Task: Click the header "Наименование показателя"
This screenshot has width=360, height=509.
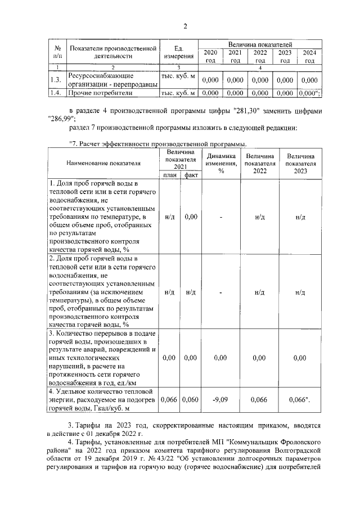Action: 103,163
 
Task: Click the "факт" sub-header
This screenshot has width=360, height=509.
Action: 191,175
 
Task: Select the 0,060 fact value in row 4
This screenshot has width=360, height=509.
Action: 191,400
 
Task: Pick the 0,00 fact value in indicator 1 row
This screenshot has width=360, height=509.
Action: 191,217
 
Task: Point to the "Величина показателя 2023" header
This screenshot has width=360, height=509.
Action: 300,163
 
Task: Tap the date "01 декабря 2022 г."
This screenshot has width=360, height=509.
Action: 113,434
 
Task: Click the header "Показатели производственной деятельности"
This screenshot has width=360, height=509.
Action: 112,52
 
